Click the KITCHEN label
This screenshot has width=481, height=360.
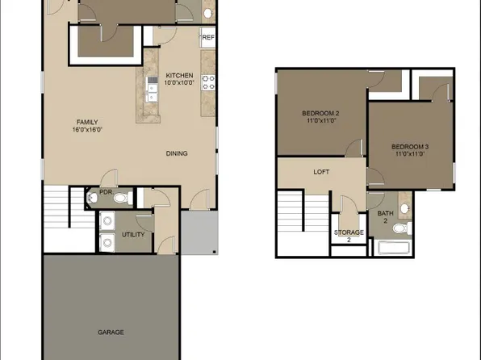click(180, 74)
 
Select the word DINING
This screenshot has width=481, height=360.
click(178, 153)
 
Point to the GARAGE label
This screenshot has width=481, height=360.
click(110, 332)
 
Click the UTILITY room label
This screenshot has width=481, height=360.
click(133, 233)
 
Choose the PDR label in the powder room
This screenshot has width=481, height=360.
click(104, 192)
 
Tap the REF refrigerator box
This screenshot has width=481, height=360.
click(208, 37)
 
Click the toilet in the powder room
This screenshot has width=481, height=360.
click(121, 197)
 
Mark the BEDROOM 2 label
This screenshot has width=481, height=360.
click(320, 113)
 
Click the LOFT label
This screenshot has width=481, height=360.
click(322, 172)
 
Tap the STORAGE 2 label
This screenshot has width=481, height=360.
click(349, 236)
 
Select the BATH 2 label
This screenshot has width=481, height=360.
click(386, 217)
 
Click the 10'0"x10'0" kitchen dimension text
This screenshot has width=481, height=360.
click(180, 82)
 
